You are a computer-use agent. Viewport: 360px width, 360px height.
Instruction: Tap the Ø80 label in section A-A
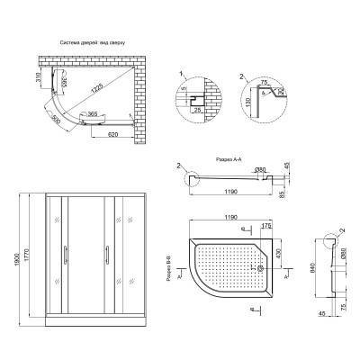[260, 171]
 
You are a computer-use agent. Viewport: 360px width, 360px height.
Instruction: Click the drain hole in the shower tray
[261, 266]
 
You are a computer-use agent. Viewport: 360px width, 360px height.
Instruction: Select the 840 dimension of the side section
[310, 267]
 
